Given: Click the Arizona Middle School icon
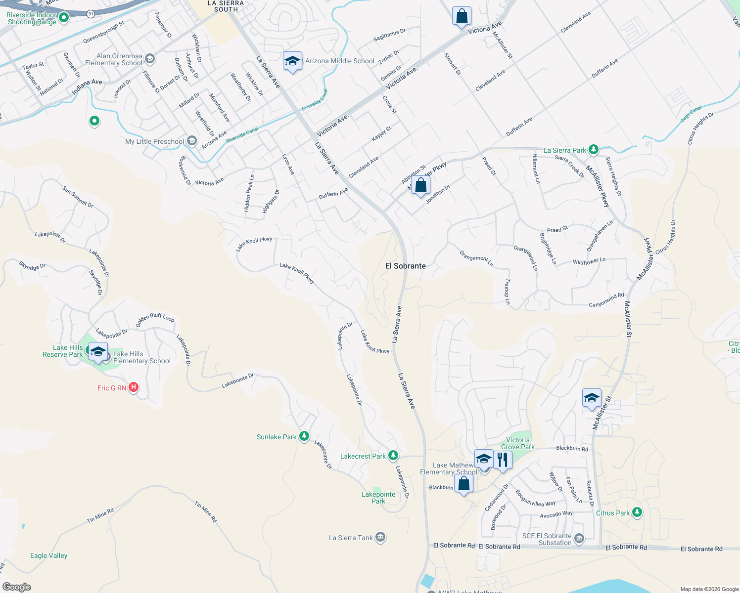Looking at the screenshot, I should point(292,61).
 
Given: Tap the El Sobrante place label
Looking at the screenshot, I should point(406,266).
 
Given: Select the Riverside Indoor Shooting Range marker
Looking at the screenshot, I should point(64,18).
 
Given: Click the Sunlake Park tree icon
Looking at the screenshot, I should point(304,436).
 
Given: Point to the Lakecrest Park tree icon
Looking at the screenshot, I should point(393,455).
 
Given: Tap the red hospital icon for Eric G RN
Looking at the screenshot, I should point(133,387).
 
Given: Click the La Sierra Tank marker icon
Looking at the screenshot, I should point(380,537).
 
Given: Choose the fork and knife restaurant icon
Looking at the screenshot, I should point(503,460).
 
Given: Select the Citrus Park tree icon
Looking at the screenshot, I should point(637,512).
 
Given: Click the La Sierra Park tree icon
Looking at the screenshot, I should point(593,149).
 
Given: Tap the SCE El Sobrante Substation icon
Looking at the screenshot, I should point(579,538).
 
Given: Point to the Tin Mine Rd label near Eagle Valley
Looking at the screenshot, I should point(100,516).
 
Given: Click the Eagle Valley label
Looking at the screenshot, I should point(48,555).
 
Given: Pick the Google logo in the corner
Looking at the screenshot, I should point(16,587).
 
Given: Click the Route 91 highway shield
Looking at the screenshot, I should point(91,14).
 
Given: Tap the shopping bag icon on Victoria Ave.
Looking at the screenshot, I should point(462,16).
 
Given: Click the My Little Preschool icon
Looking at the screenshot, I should point(192,141).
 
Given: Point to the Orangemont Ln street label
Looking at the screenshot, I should point(476,258).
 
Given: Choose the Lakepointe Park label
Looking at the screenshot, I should point(378,498).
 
